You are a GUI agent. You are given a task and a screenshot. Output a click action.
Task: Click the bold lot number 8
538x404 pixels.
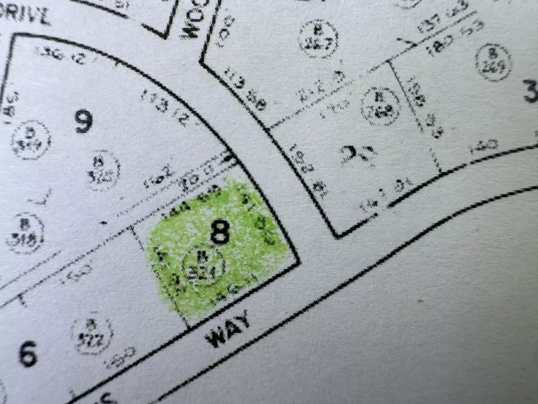(220, 233)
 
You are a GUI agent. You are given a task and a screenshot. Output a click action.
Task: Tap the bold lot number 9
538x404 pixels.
(84, 121)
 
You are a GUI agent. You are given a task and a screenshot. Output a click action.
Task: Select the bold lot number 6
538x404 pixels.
(28, 354)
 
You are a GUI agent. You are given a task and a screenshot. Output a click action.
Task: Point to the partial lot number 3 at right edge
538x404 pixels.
(531, 91)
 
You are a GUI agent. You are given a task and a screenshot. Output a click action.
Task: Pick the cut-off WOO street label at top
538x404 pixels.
(191, 20)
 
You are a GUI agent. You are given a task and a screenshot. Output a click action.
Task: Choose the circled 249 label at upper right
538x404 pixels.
(493, 63)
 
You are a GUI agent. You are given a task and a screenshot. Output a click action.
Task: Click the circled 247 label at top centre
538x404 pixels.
(318, 39)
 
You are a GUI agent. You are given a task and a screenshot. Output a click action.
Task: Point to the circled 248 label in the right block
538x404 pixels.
(381, 106)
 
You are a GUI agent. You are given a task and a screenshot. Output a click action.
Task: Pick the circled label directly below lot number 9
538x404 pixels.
(103, 170)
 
